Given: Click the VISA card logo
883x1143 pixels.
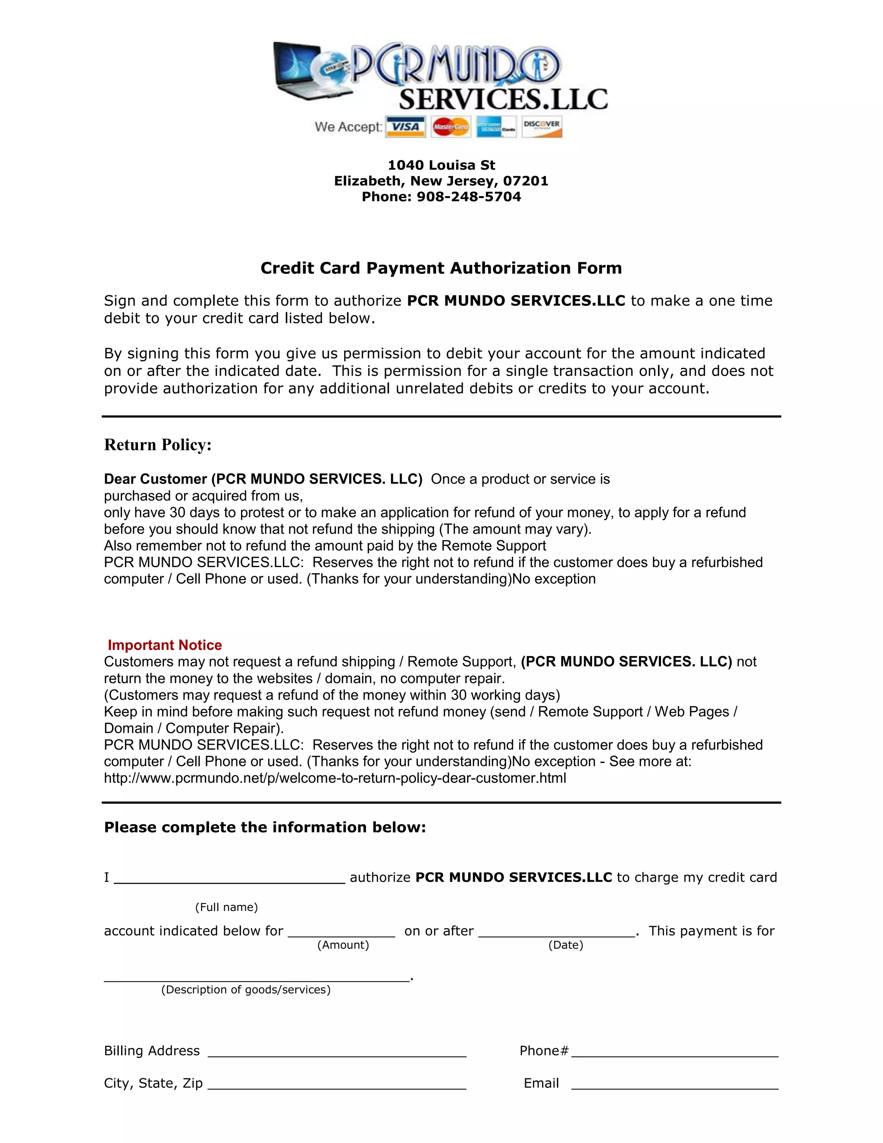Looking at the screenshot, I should (x=405, y=127).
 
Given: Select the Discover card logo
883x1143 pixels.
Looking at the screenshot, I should (x=542, y=127).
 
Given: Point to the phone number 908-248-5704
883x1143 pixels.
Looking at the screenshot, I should (x=469, y=197).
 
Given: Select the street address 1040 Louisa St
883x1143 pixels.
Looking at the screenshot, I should (x=441, y=165).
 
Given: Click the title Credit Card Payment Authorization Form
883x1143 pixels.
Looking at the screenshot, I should (x=441, y=268).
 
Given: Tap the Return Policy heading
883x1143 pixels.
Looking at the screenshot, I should (x=157, y=445).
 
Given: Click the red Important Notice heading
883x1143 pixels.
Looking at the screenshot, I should (x=165, y=645).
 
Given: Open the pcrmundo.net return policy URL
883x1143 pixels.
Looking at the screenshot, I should (x=335, y=778).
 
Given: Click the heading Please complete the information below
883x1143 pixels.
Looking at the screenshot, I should (x=265, y=827).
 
